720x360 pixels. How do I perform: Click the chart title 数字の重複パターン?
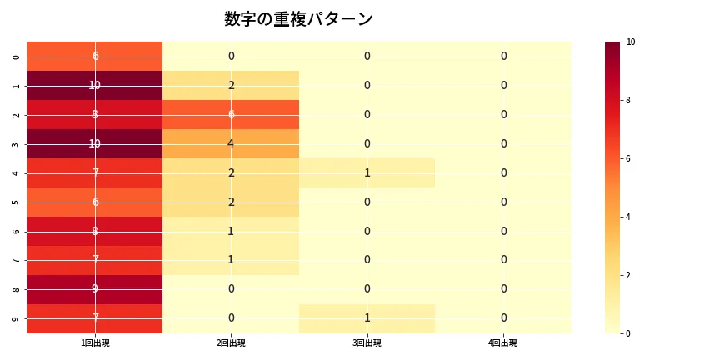(x=298, y=19)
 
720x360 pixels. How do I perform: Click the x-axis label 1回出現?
(x=95, y=342)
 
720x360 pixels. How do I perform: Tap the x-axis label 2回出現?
(x=231, y=342)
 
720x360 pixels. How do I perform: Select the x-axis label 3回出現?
(x=367, y=342)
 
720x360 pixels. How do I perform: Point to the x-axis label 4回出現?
(x=503, y=342)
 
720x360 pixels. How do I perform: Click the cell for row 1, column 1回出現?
(x=95, y=86)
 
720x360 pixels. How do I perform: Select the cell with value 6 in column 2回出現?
(x=231, y=115)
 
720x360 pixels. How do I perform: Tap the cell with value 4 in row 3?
(x=231, y=144)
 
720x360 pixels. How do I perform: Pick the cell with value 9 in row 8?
(x=95, y=289)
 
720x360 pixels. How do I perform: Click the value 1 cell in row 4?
(x=367, y=173)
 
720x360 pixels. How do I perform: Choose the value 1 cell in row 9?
(x=367, y=318)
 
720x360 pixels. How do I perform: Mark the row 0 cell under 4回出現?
(x=503, y=57)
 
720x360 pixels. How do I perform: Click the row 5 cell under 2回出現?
(x=231, y=202)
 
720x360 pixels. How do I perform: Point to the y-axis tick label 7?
(x=17, y=260)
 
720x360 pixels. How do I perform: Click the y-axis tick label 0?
(x=17, y=57)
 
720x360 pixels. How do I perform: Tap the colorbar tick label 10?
(x=631, y=42)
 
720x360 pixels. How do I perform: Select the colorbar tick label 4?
(x=629, y=217)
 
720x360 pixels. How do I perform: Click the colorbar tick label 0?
(x=629, y=333)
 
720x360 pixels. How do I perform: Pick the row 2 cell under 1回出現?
(x=95, y=115)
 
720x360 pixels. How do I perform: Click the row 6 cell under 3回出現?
(x=367, y=232)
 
